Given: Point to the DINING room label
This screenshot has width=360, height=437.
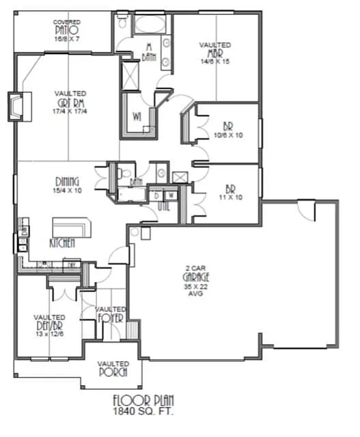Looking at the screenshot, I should tap(68, 185).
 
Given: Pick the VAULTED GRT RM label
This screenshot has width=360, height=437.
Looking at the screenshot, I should tap(70, 102).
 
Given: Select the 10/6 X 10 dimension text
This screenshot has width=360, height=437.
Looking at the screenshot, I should tap(228, 135).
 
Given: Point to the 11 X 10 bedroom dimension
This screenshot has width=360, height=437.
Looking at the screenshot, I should tap(229, 196).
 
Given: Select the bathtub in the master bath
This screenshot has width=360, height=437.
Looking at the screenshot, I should tap(148, 26).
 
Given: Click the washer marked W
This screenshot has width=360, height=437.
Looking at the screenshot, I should tap(171, 195).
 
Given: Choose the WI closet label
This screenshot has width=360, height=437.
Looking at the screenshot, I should tap(138, 116).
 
